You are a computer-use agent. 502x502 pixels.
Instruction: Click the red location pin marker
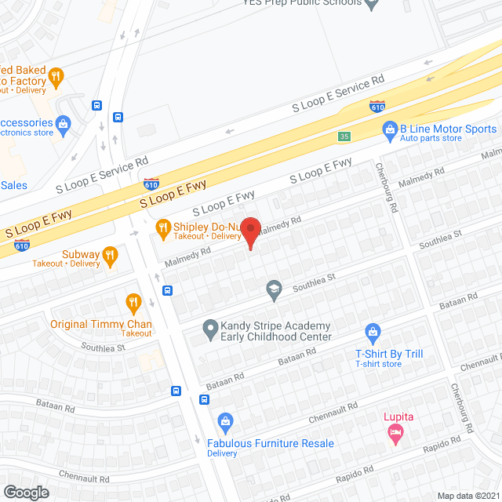250,230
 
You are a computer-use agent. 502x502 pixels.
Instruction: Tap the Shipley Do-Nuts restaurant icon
163,227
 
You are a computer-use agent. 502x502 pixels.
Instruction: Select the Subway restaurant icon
110,254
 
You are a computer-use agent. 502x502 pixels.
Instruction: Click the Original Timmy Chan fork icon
133,302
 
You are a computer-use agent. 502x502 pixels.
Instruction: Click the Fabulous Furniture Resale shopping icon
226,423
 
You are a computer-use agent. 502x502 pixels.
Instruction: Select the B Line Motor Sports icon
389,129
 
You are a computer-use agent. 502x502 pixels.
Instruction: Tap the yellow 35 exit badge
344,136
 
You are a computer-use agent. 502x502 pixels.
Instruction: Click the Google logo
26,492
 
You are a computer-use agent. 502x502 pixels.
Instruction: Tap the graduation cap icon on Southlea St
273,289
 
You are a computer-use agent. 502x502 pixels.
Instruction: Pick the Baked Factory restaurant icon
55,76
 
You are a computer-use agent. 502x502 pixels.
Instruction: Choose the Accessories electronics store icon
64,123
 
